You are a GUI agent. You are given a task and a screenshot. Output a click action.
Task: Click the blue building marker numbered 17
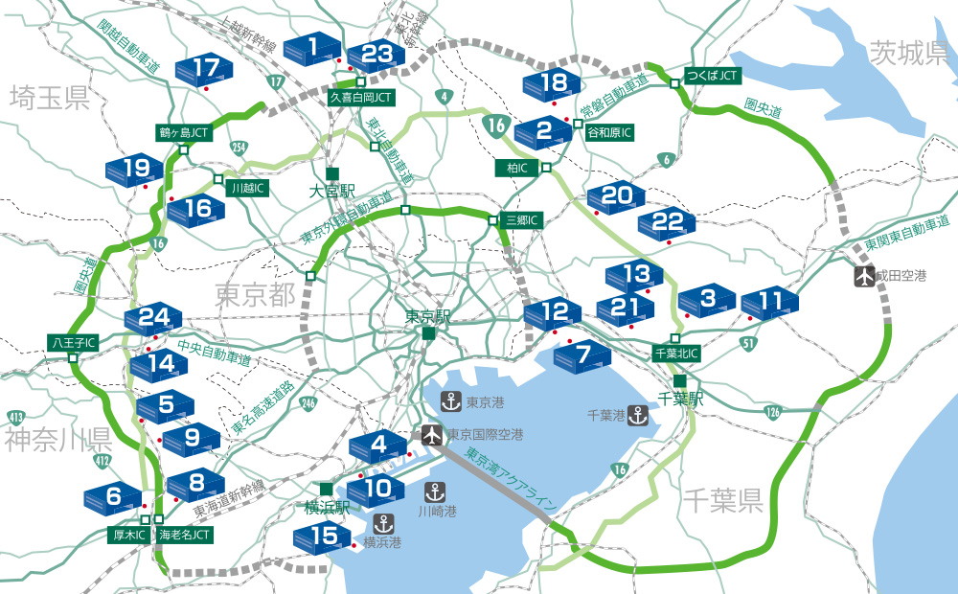205,69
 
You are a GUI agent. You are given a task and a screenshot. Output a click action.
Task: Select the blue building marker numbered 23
376,55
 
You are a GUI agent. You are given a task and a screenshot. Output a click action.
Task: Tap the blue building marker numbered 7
582,355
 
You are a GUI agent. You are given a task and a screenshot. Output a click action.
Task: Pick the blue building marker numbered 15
323,536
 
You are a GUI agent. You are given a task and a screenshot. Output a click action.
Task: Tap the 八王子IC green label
73,342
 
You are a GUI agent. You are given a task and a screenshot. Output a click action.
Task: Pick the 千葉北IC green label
676,354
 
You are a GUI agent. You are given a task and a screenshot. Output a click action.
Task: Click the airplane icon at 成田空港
865,276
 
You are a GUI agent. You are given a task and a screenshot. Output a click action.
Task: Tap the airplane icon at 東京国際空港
432,434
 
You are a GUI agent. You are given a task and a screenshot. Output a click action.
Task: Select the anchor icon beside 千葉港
639,416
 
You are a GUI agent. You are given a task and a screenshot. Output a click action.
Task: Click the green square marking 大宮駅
331,173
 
